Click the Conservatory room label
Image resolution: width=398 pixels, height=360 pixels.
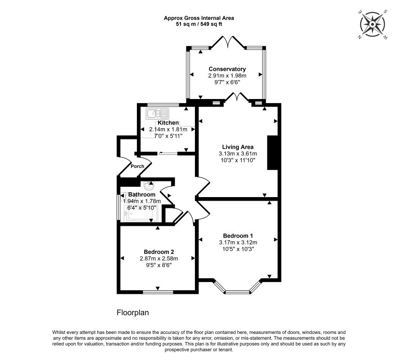(227, 69)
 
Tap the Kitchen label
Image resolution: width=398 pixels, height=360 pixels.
(168, 123)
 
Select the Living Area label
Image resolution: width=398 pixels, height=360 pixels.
(238, 147)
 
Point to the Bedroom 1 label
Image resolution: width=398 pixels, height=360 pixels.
(238, 236)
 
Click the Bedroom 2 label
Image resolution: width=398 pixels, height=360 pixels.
(158, 252)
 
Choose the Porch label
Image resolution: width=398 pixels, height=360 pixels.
(137, 166)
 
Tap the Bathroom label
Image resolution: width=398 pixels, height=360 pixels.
(142, 194)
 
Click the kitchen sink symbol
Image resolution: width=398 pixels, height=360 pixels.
(158, 114)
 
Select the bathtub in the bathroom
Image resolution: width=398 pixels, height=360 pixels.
(141, 214)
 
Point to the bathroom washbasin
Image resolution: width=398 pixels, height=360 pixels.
(149, 185)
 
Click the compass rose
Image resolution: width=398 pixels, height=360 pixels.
(372, 25)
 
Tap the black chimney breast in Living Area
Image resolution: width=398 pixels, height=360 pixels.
(272, 153)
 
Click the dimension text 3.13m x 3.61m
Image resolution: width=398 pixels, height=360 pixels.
(238, 153)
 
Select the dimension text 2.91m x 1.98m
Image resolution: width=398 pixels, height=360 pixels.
(227, 76)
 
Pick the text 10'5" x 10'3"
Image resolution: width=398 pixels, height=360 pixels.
(238, 249)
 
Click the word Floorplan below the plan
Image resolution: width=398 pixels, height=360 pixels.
(132, 313)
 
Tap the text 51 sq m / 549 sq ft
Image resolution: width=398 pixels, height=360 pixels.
(199, 24)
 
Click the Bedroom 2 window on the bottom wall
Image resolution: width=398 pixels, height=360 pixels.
(158, 292)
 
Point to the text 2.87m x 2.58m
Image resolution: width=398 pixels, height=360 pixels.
(158, 258)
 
